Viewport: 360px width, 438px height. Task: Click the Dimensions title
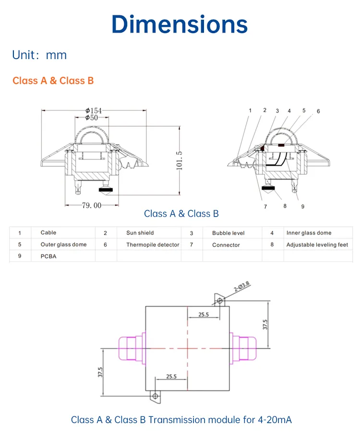[180, 24]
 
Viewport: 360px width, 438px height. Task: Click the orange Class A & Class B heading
[53, 81]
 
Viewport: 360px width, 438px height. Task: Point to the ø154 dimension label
[94, 111]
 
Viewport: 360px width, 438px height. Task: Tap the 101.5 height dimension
[180, 160]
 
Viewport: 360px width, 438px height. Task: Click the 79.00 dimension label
[92, 205]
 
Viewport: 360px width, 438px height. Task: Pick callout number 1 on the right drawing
[250, 110]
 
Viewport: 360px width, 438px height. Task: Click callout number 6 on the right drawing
[318, 111]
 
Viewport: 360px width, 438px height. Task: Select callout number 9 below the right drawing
[303, 207]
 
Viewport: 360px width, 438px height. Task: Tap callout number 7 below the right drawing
[265, 207]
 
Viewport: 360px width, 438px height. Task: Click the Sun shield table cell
[140, 233]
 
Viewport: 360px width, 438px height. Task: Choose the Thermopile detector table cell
[153, 245]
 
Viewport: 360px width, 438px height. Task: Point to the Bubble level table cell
[228, 233]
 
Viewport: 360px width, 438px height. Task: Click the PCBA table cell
[48, 256]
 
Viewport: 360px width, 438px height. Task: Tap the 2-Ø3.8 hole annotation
[241, 287]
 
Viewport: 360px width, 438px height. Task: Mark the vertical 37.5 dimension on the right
[264, 324]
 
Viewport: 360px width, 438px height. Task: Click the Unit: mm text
[39, 55]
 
